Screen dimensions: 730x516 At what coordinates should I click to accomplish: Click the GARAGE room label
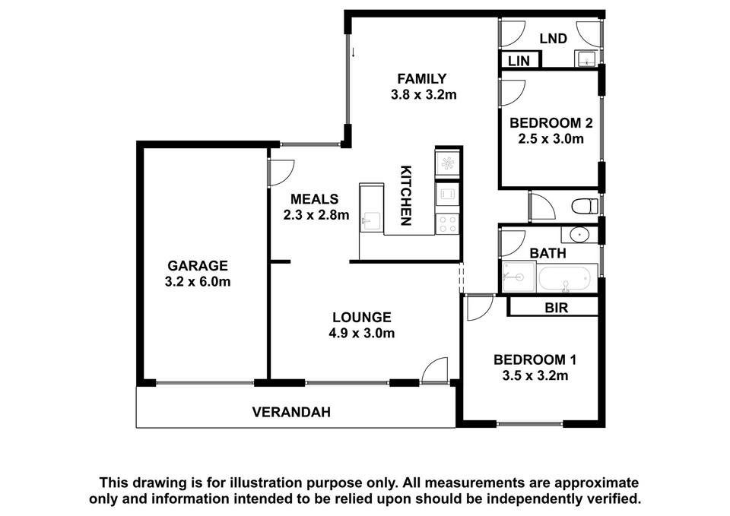pos(198,266)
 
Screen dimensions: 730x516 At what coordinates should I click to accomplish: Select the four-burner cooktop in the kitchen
pos(447,223)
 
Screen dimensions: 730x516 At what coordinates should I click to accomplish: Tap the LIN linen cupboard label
pos(519,61)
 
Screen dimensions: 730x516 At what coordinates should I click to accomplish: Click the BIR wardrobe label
pos(557,308)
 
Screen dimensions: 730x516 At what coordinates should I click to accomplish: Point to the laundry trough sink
pos(586,59)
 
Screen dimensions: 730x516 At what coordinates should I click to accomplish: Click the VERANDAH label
pos(291,412)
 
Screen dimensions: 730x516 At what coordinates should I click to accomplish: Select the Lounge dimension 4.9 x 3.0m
pos(362,333)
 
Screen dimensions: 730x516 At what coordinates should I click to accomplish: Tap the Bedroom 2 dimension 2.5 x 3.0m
pos(551,139)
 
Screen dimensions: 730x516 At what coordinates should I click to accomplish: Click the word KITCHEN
pos(406,195)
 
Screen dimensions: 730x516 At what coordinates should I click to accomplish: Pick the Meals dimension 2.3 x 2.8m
pos(316,215)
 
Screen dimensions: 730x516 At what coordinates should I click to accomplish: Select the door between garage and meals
pos(281,173)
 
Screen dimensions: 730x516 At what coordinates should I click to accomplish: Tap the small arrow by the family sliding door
pos(354,52)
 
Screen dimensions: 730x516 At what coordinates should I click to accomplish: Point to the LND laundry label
pos(553,39)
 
